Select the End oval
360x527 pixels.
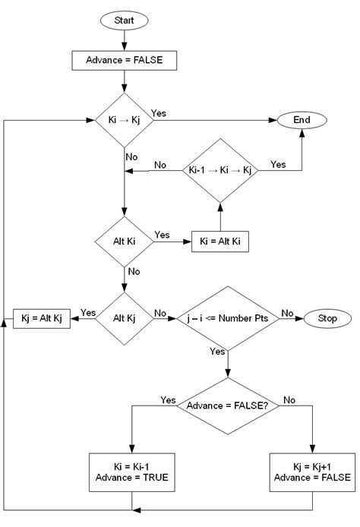coord(301,120)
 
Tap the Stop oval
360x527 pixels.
coord(327,319)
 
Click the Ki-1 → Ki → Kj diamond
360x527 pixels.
coord(219,170)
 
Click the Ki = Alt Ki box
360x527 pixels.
coord(220,241)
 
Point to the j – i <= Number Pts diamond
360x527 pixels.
coord(227,319)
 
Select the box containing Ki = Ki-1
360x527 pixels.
coord(133,471)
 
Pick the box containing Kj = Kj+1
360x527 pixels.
coord(313,471)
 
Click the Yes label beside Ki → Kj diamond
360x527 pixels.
coord(159,113)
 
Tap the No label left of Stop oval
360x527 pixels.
coord(288,312)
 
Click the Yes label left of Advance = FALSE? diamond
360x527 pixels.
coord(168,400)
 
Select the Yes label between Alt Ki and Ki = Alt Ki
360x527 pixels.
coord(162,235)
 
